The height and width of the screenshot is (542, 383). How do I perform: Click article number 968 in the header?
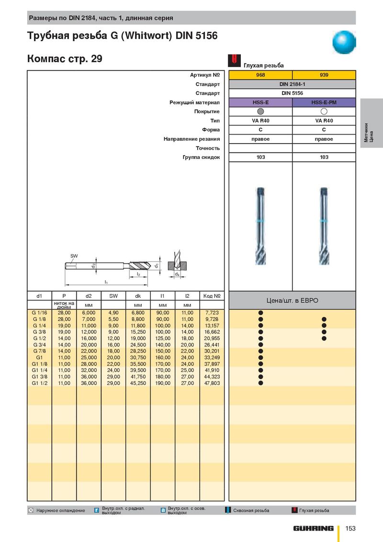(x=260, y=75)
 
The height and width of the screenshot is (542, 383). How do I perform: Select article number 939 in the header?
(x=324, y=75)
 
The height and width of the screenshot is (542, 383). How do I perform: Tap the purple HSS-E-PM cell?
(x=324, y=102)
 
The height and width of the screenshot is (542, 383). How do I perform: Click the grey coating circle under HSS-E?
(x=260, y=112)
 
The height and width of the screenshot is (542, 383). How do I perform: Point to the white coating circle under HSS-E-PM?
(x=324, y=112)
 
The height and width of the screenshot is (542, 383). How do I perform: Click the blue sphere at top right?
(x=344, y=42)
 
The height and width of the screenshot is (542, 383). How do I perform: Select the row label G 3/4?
(x=39, y=345)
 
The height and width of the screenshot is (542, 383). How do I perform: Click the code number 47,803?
(x=212, y=384)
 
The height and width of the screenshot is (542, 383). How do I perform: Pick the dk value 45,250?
(x=138, y=384)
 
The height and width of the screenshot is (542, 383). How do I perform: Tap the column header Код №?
(x=212, y=296)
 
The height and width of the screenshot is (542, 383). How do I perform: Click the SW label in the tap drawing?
(x=74, y=256)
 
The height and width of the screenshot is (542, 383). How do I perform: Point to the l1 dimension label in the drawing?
(x=106, y=282)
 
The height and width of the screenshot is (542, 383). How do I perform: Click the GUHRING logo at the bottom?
(x=314, y=529)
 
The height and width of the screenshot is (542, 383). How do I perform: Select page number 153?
(x=350, y=528)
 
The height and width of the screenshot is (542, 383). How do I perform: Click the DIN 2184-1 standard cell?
(x=292, y=84)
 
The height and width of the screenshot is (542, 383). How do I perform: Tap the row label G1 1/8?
(x=39, y=364)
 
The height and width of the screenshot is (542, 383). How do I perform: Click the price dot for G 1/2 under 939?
(x=324, y=339)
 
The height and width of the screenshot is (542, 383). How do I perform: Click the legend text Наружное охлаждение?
(x=61, y=510)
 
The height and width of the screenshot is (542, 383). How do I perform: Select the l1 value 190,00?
(x=163, y=384)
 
